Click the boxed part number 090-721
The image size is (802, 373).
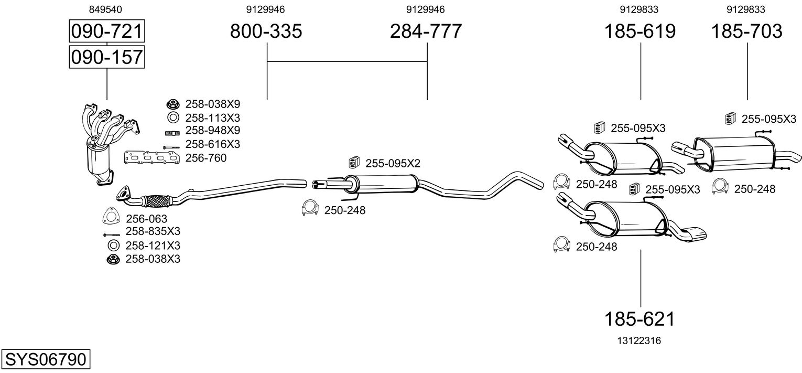pyautogui.click(x=107, y=31)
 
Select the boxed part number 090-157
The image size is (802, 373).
pyautogui.click(x=107, y=57)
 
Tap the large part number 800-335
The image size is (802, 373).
pyautogui.click(x=266, y=31)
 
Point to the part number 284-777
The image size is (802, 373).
pyautogui.click(x=426, y=31)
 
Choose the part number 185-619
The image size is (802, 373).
pyautogui.click(x=640, y=31)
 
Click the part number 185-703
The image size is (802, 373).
pyautogui.click(x=747, y=31)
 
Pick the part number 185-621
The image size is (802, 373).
pyautogui.click(x=640, y=319)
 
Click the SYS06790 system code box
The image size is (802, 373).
pyautogui.click(x=46, y=359)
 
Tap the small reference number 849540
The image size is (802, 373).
pyautogui.click(x=105, y=9)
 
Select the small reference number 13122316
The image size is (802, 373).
pyautogui.click(x=639, y=340)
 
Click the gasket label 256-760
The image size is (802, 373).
pyautogui.click(x=206, y=158)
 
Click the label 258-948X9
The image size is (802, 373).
pyautogui.click(x=213, y=130)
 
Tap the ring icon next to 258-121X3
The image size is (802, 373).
pyautogui.click(x=114, y=246)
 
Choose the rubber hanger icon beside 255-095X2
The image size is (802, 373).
pyautogui.click(x=354, y=163)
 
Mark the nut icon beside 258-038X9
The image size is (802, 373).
pyautogui.click(x=173, y=104)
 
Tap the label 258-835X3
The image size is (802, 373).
pyautogui.click(x=153, y=231)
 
